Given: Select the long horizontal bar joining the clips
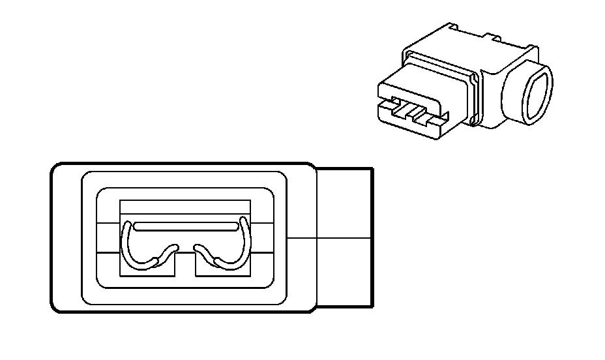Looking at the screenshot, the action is tap(185, 226).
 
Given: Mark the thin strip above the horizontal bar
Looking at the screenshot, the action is tap(185, 209).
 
